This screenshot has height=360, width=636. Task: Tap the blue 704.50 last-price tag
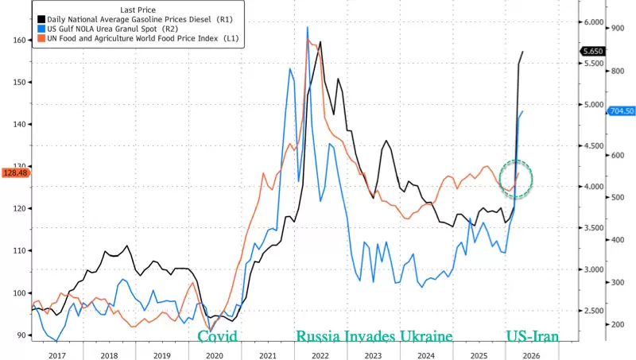620,111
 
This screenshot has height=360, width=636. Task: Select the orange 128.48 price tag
16,172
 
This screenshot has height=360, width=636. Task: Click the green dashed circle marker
516,179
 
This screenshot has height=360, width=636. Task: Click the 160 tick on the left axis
18,40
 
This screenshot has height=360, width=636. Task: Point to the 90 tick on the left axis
21,335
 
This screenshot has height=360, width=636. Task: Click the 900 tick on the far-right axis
617,29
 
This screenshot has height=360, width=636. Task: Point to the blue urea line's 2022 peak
308,28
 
